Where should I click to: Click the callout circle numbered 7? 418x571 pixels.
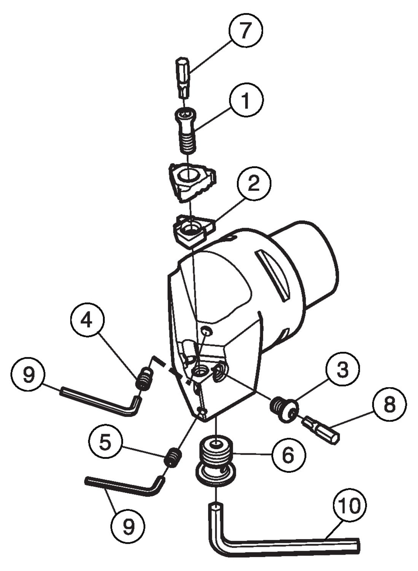tap(245, 30)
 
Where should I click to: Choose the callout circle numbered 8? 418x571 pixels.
tap(389, 404)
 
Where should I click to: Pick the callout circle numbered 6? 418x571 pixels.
tap(288, 454)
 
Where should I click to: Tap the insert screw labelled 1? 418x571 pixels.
tap(186, 129)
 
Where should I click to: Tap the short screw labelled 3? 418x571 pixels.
tap(284, 409)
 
